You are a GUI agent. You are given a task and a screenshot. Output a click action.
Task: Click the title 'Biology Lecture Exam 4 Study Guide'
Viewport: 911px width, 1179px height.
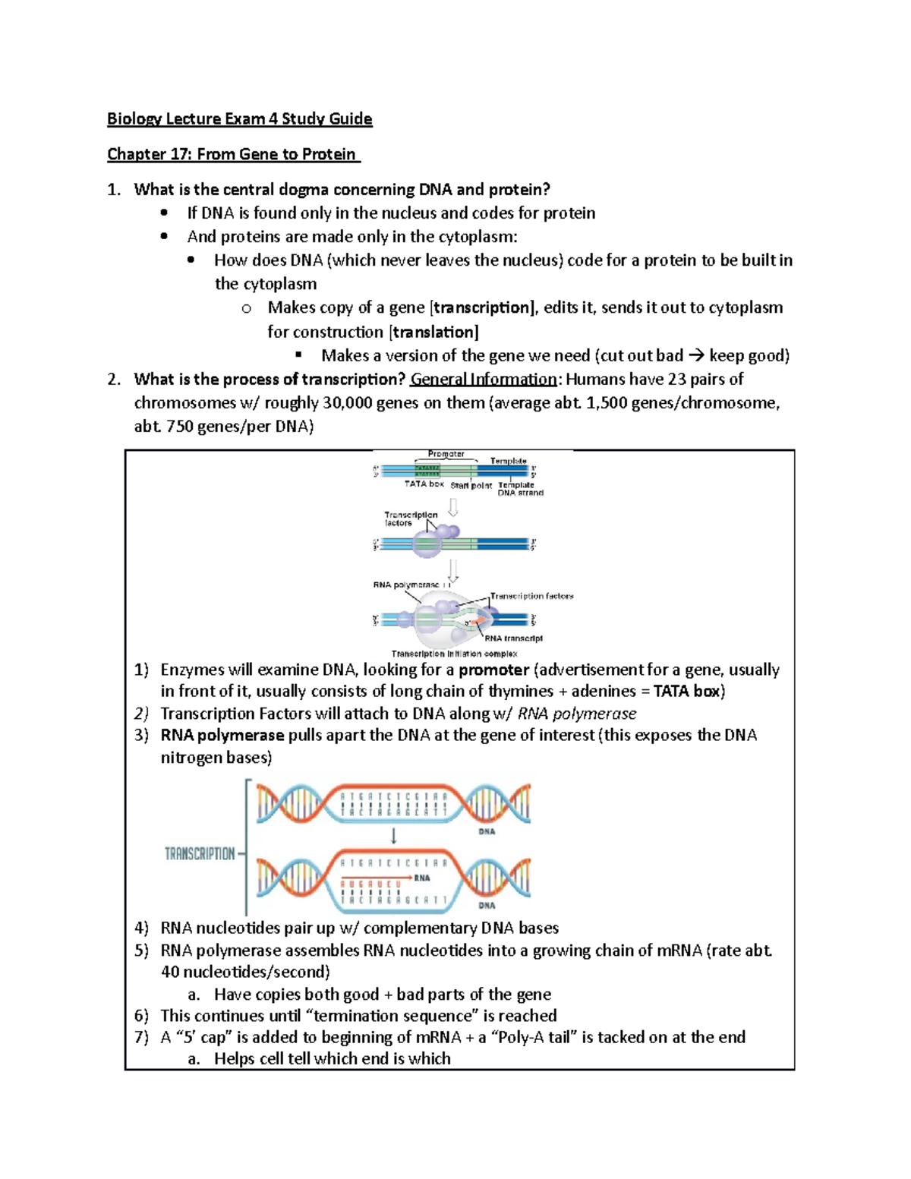click(239, 118)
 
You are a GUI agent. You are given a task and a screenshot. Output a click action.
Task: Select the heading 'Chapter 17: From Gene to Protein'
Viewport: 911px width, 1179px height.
click(232, 154)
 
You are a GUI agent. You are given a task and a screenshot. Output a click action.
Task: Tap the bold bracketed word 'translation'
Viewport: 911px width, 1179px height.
click(433, 332)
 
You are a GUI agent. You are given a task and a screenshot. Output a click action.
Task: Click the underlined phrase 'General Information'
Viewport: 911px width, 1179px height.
click(484, 379)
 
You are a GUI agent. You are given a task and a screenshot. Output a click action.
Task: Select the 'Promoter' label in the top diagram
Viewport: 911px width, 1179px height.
click(446, 454)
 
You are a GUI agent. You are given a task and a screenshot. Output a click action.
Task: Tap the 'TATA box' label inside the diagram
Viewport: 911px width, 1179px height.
click(424, 484)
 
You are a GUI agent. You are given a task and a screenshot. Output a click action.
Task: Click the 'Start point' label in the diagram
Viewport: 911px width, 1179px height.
click(471, 485)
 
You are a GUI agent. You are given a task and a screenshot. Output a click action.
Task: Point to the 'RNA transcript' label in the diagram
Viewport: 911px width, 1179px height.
click(514, 638)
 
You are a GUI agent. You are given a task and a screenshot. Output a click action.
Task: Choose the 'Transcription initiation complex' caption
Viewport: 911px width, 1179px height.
click(454, 654)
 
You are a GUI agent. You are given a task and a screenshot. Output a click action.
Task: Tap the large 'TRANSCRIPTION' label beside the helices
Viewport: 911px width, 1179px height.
click(200, 854)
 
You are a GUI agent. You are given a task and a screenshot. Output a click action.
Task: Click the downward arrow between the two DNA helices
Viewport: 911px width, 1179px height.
click(393, 836)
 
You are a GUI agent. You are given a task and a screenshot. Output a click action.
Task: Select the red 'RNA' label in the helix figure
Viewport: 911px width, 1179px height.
click(422, 878)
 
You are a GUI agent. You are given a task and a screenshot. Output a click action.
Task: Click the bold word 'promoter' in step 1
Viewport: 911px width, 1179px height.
click(493, 670)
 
